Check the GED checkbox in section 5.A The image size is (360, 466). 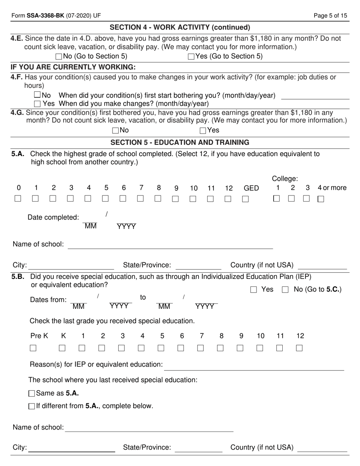coord(245,199)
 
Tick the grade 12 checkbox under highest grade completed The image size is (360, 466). coord(228,199)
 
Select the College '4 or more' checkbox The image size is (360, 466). coord(321,199)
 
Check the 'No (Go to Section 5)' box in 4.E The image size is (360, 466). coord(59,57)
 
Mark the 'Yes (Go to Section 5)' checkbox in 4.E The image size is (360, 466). coord(191,57)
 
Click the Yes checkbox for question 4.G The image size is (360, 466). coord(203,131)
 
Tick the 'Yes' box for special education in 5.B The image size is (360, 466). coord(254,290)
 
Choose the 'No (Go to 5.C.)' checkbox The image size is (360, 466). coord(285,290)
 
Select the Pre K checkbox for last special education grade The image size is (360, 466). coord(33,348)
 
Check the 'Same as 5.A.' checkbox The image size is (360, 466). coord(32,394)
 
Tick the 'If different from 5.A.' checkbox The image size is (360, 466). coord(32,406)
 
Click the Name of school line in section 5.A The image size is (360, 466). coord(170,245)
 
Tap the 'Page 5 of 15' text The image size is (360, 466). coord(330,16)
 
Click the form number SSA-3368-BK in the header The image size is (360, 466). coord(45,16)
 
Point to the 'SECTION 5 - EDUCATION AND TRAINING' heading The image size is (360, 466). coord(180,142)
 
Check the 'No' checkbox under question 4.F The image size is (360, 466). coord(37,95)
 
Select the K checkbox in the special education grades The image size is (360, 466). coord(62,348)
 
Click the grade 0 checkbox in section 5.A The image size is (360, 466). coord(18,199)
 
